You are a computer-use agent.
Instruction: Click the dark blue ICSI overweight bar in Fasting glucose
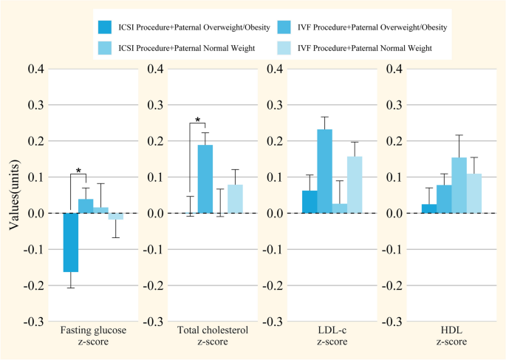(71, 242)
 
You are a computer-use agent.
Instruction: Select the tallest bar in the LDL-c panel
(325, 171)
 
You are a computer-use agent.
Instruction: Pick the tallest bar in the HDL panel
(459, 186)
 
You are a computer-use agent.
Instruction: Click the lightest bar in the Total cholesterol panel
(235, 199)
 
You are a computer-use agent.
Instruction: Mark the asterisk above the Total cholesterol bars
(197, 120)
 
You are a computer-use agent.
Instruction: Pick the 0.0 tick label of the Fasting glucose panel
(39, 213)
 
